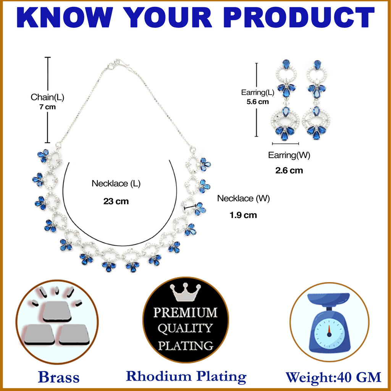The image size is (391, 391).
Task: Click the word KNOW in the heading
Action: coord(65,17)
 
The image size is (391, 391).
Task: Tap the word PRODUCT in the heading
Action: coord(299,17)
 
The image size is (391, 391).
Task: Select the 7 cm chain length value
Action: coord(47,107)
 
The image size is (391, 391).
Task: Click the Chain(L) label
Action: coord(47,97)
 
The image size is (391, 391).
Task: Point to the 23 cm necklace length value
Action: coord(116,201)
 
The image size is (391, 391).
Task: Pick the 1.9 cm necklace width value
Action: coord(243,215)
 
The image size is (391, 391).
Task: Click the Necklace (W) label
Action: coord(243,199)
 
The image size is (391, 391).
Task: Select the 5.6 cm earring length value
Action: coord(258,102)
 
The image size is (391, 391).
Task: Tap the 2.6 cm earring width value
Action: coord(289,171)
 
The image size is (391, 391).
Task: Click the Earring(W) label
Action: coord(289,155)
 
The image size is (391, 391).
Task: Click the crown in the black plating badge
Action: coord(185,292)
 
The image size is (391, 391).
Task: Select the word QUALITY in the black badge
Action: coord(185,328)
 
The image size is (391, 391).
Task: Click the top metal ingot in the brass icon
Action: coord(57,311)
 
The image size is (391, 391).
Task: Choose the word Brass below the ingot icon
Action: coord(59,377)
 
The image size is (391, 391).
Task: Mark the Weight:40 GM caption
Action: coord(333,377)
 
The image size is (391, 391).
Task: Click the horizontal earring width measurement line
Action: coord(285,144)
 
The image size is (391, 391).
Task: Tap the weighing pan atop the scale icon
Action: coord(328,299)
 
